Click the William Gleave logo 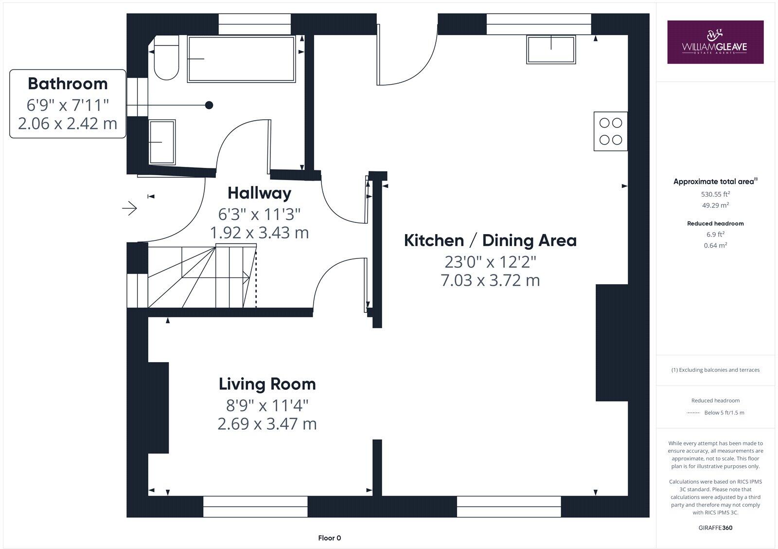tap(715, 42)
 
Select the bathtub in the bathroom tap(241, 59)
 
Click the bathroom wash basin tap(162, 142)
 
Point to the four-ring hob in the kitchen tap(611, 131)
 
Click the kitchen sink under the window tap(550, 49)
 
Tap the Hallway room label tap(259, 193)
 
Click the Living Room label tap(267, 384)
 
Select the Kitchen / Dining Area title tap(490, 240)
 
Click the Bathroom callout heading tap(68, 84)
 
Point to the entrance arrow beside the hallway tap(129, 209)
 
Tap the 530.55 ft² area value tap(715, 194)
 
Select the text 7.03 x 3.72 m tap(490, 281)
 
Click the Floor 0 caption tap(329, 538)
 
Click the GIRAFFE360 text tap(715, 528)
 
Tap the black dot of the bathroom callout tap(209, 105)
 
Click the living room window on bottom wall tap(255, 507)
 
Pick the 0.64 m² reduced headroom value tap(715, 245)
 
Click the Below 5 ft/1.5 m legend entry tap(724, 413)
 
